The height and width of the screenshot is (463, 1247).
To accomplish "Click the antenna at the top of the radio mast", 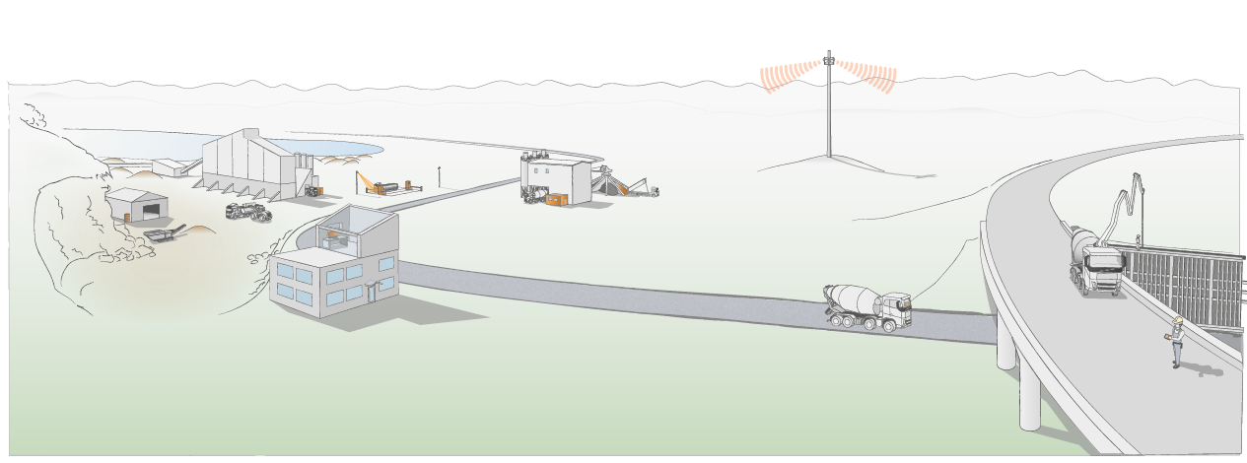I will (x=829, y=58).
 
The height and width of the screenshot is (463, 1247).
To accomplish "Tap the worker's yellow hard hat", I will (x=1176, y=320).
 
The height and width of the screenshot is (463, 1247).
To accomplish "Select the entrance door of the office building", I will (x=372, y=293).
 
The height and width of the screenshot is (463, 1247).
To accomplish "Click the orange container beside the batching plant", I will (x=557, y=199).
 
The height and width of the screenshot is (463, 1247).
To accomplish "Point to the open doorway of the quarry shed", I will (x=153, y=210).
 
